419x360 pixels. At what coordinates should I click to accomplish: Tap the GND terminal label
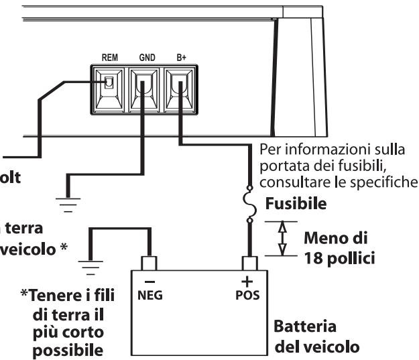tap(147, 58)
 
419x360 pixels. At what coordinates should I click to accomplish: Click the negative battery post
tap(149, 263)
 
